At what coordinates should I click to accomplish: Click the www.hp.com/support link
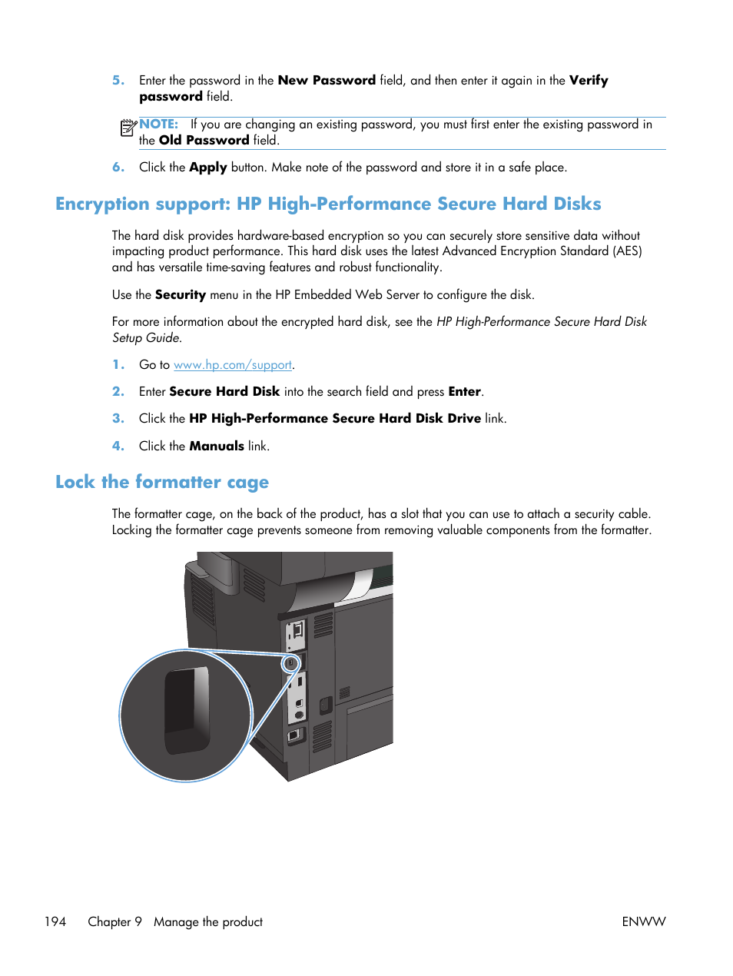point(232,365)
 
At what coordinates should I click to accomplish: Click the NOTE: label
point(158,124)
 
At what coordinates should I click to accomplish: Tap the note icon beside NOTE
point(128,128)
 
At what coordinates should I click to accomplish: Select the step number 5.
point(118,80)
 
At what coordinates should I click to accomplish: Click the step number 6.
point(118,167)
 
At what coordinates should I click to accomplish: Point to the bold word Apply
point(207,167)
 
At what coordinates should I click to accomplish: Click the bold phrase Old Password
point(204,140)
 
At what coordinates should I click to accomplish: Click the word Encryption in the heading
point(102,204)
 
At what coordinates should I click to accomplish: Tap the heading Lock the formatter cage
point(161,482)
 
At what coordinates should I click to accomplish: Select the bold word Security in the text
point(180,294)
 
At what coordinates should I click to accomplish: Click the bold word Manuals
point(217,446)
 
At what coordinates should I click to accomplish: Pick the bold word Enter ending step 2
point(464,391)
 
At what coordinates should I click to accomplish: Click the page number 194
point(55,921)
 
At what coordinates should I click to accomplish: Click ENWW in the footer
point(643,921)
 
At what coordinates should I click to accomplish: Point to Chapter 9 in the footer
point(114,921)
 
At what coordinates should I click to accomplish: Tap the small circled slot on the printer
point(290,662)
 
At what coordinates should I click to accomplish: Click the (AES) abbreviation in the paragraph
point(627,251)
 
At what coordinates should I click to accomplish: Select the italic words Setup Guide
point(146,337)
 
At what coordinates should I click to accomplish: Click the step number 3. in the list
point(118,418)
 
